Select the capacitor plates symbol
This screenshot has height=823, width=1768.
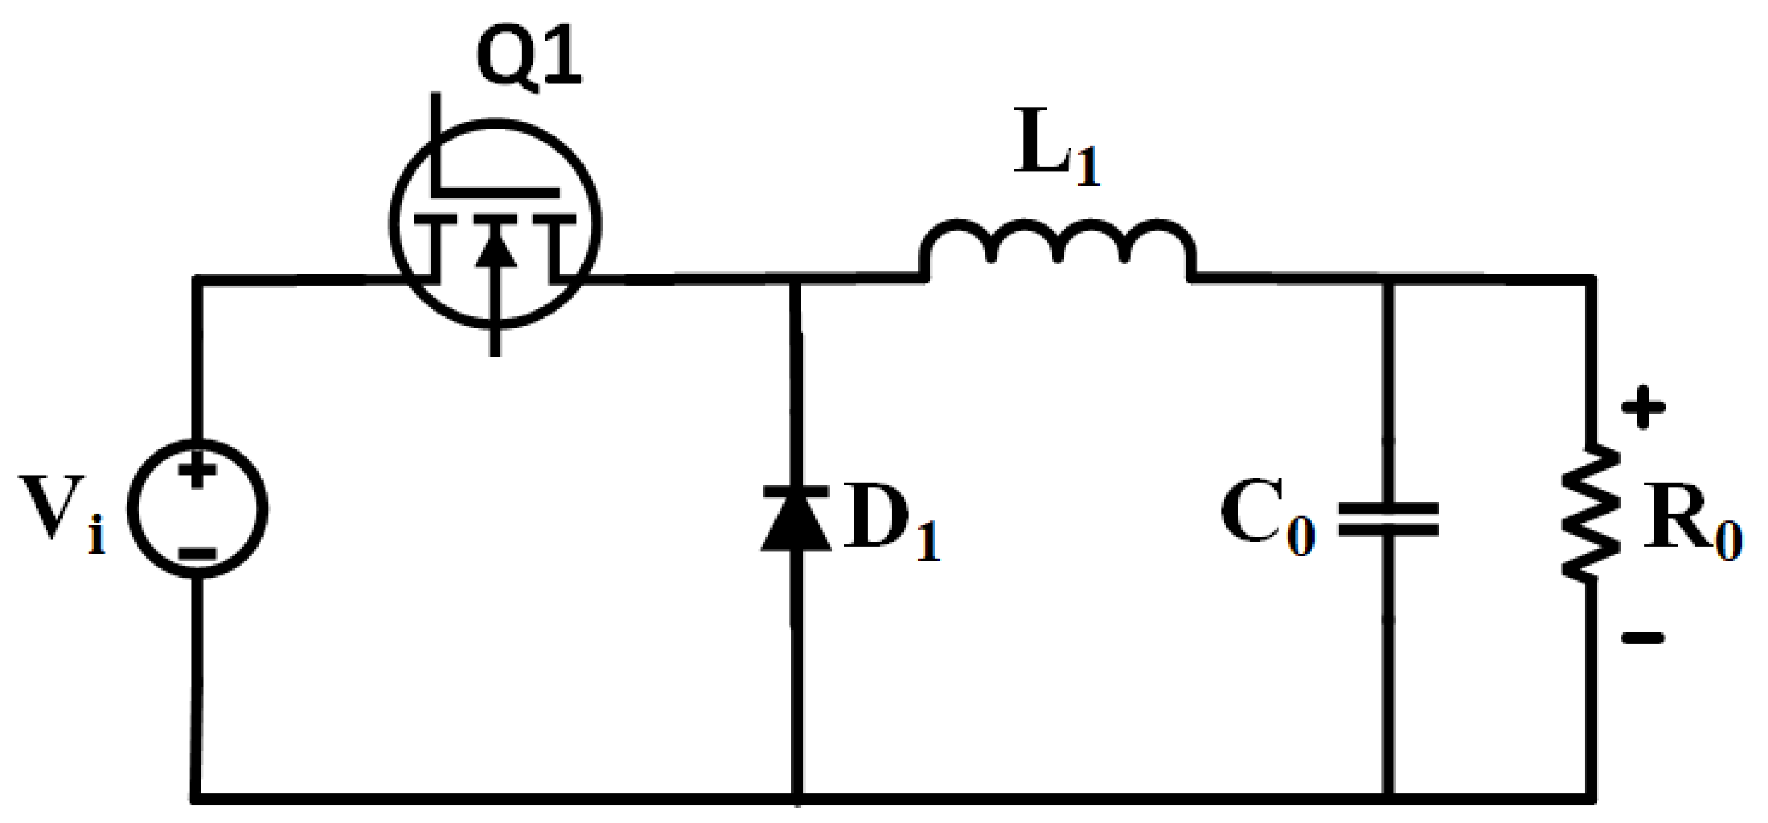pyautogui.click(x=1388, y=519)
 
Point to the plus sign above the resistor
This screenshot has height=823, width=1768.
pyautogui.click(x=1643, y=407)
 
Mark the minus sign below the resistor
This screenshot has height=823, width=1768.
pyautogui.click(x=1643, y=638)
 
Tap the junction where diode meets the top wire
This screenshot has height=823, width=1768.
pyautogui.click(x=796, y=279)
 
